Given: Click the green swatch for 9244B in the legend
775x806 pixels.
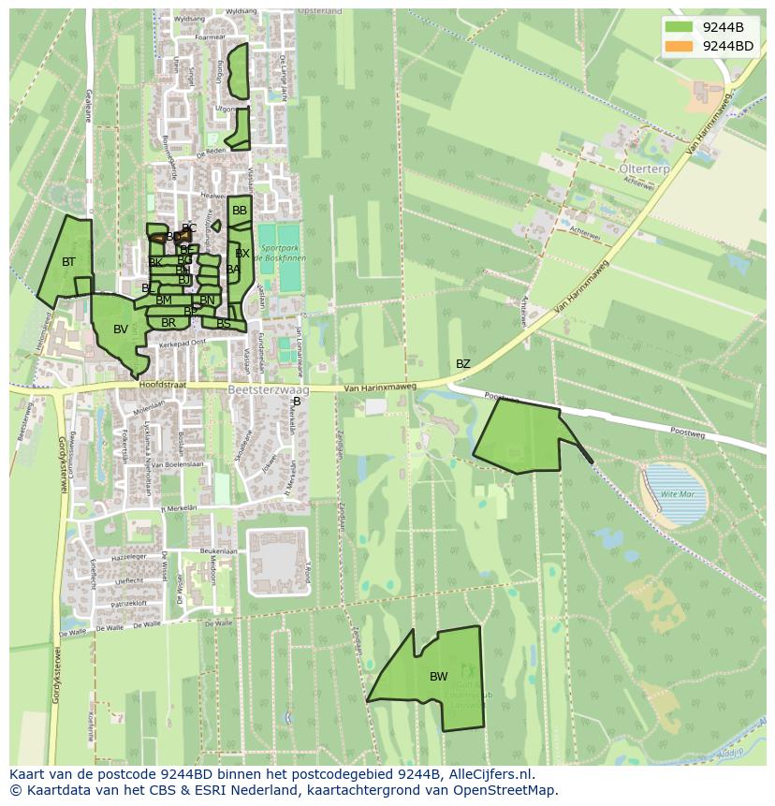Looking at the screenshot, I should click(x=680, y=27).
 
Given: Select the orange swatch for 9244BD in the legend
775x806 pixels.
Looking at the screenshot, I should click(x=680, y=46).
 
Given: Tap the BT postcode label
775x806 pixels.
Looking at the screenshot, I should click(x=68, y=262).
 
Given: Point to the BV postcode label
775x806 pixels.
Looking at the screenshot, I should click(x=121, y=330).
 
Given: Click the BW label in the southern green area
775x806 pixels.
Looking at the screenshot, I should click(x=438, y=676).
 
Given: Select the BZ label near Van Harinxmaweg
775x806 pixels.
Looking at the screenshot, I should click(x=463, y=363).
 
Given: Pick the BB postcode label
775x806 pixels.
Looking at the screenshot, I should click(x=240, y=211).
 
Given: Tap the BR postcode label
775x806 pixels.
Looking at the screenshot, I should click(x=168, y=323).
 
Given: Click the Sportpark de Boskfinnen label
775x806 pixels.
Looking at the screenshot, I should click(x=280, y=253).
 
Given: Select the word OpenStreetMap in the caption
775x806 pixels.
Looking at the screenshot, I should click(x=506, y=790).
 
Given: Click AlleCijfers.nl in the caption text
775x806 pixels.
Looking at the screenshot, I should click(x=490, y=774).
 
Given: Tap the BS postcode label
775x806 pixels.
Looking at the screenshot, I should click(x=223, y=324).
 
